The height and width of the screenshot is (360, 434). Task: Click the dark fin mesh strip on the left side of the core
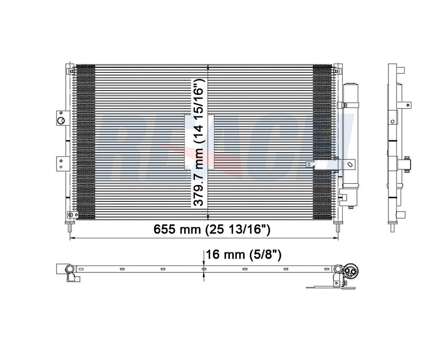tap(85, 140)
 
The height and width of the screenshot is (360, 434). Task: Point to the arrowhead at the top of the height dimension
tap(208, 67)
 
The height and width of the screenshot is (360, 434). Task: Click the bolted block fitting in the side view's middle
tap(406, 163)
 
